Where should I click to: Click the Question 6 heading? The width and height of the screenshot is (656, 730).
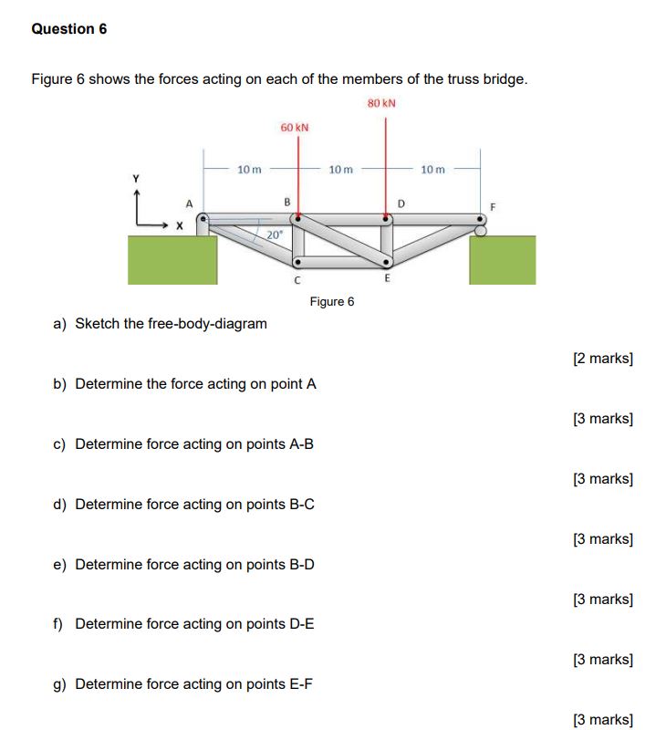point(69,29)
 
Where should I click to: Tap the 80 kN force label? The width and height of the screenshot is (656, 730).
point(381,103)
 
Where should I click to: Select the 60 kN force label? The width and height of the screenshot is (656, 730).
point(294,127)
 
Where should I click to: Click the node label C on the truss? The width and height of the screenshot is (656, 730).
point(297,280)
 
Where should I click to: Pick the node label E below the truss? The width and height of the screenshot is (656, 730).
point(387,279)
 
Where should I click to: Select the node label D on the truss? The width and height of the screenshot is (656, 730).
point(400,202)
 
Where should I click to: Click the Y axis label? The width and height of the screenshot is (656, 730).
point(139,179)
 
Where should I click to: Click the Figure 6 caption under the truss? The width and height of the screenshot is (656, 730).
point(331,301)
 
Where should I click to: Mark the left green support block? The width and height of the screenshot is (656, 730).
point(172,260)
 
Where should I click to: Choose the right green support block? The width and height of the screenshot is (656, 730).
point(502,260)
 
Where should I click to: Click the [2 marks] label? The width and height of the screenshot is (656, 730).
point(602,359)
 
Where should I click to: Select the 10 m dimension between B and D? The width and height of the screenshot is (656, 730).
point(340,169)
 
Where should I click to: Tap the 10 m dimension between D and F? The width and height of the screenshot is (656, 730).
point(433,169)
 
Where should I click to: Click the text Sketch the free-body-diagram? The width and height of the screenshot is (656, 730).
point(172,324)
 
